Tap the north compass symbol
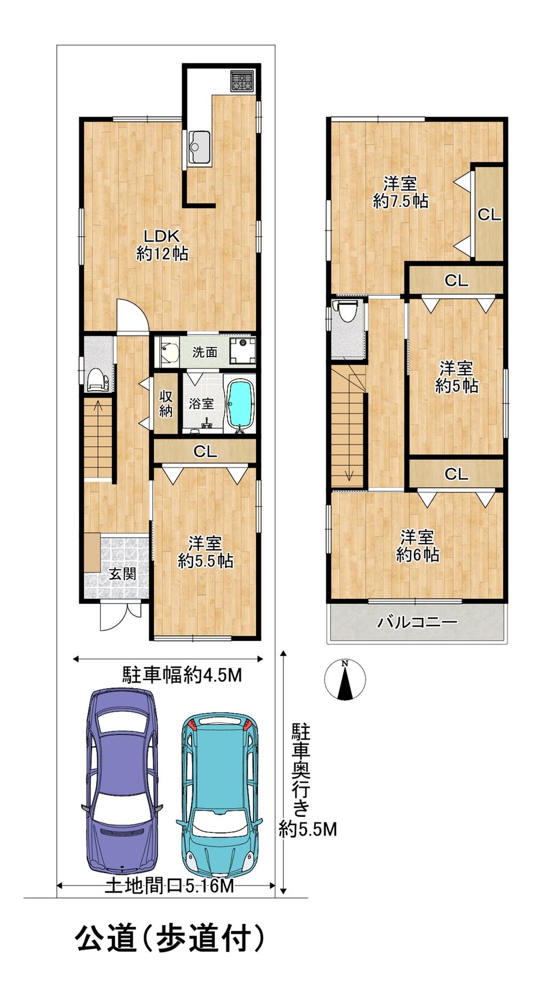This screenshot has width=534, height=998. pyautogui.click(x=345, y=680)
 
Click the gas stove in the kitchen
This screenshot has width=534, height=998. pyautogui.click(x=244, y=81)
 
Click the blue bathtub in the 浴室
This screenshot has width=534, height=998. pyautogui.click(x=240, y=405)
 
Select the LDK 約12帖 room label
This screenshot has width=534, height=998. pyautogui.click(x=162, y=245)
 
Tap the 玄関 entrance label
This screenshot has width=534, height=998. pyautogui.click(x=122, y=574)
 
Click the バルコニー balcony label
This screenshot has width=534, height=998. pyautogui.click(x=418, y=622)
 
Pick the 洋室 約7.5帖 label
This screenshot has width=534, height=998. pyautogui.click(x=400, y=192)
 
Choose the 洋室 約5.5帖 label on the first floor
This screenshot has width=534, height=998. pyautogui.click(x=205, y=552)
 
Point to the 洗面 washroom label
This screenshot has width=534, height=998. pyautogui.click(x=205, y=352)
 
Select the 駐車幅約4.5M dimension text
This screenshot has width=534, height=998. pyautogui.click(x=182, y=675)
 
